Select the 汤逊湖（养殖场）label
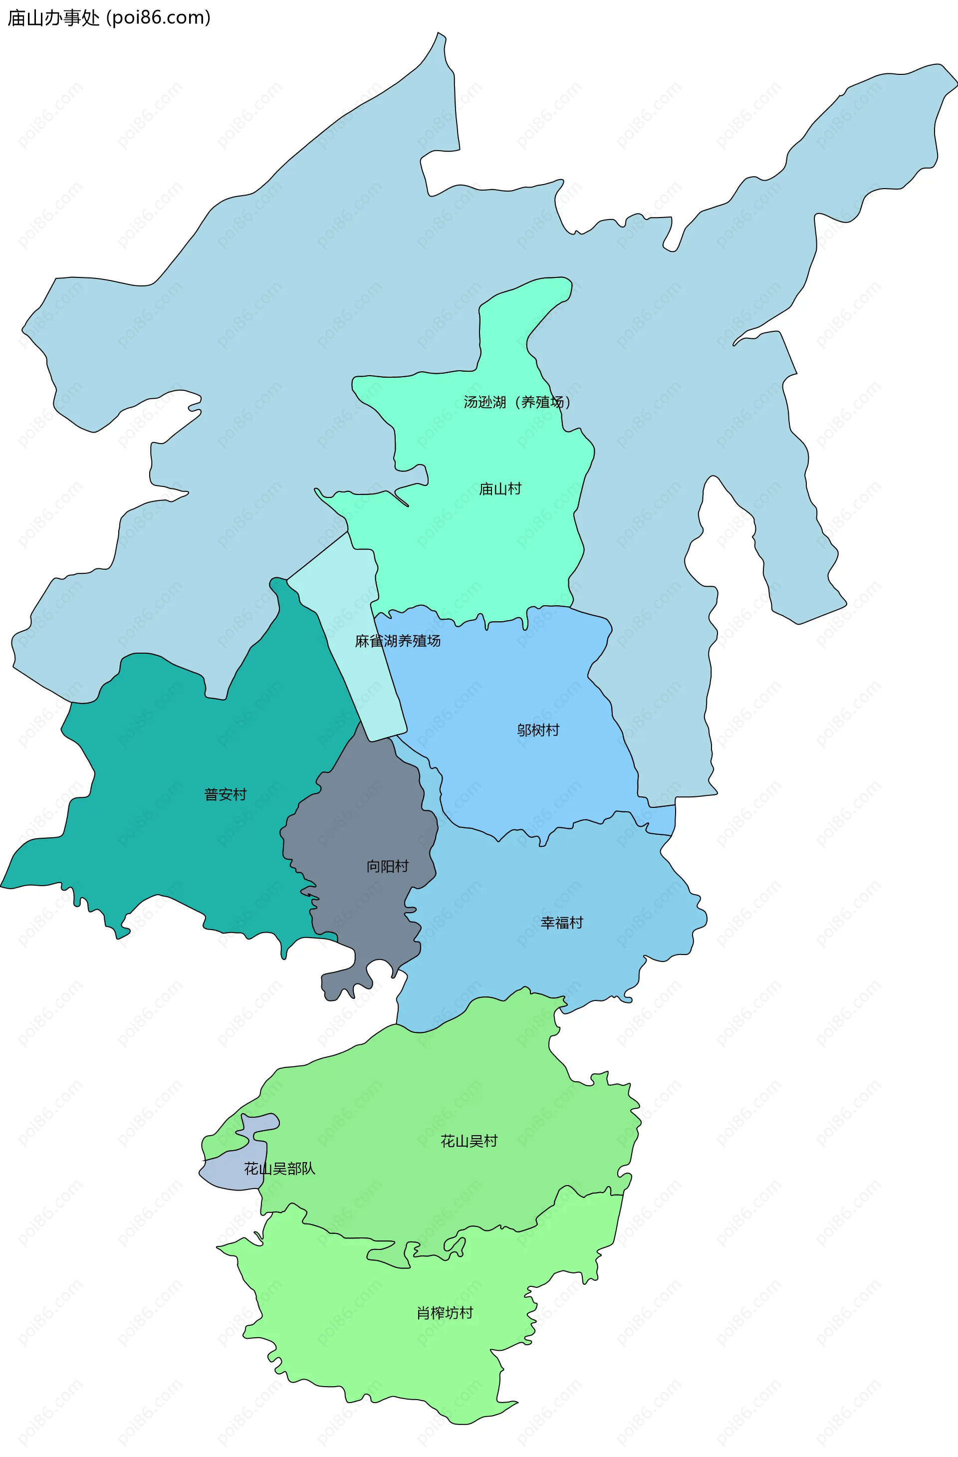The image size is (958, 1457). pyautogui.click(x=517, y=402)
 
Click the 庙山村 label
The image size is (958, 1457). pyautogui.click(x=500, y=489)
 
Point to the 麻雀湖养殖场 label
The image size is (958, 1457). pyautogui.click(x=398, y=641)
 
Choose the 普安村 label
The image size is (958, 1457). pyautogui.click(x=225, y=795)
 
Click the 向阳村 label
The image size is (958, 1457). pyautogui.click(x=388, y=866)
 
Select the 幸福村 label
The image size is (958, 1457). pyautogui.click(x=562, y=923)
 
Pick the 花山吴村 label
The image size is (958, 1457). pyautogui.click(x=469, y=1141)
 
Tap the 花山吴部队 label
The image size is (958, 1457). pyautogui.click(x=280, y=1169)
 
